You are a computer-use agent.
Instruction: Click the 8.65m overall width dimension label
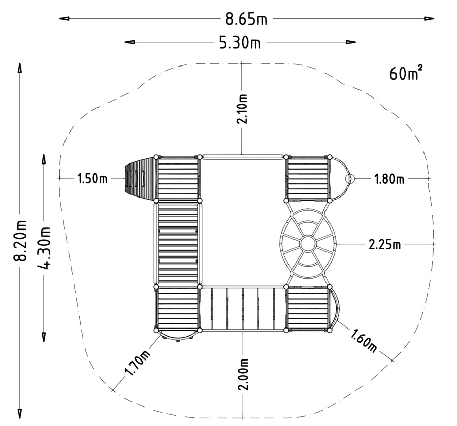(x=246, y=19)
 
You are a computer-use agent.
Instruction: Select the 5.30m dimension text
(x=240, y=42)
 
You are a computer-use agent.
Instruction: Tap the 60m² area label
(x=406, y=73)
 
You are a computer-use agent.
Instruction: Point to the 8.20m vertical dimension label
(x=20, y=240)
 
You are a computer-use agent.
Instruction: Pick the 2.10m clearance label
(x=242, y=109)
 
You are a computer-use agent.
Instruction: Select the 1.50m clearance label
(x=92, y=178)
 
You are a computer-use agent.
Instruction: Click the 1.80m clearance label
(x=389, y=178)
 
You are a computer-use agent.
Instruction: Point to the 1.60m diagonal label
(x=364, y=340)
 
